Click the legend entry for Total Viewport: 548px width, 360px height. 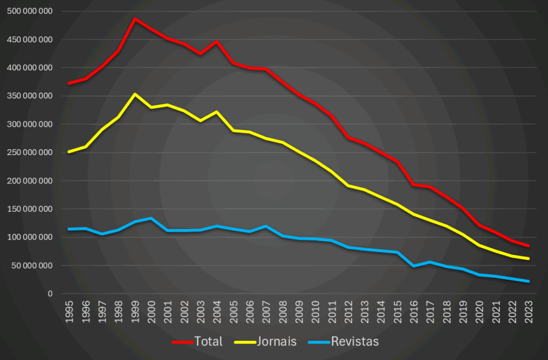197,341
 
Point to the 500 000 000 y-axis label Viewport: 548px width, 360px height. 31,11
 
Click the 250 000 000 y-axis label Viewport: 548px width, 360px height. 31,152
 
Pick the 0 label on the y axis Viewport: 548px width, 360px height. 50,294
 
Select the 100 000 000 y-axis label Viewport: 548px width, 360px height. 31,237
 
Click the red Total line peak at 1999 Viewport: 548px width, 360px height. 135,19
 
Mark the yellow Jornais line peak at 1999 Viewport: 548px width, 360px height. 135,94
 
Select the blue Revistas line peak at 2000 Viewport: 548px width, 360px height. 151,218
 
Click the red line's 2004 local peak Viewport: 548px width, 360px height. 217,41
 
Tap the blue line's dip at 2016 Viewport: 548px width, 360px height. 414,266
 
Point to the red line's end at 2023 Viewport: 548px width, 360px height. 529,246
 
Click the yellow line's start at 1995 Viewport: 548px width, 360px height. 69,152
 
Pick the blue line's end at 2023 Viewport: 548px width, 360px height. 529,281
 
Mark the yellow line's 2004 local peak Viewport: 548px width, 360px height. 217,112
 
